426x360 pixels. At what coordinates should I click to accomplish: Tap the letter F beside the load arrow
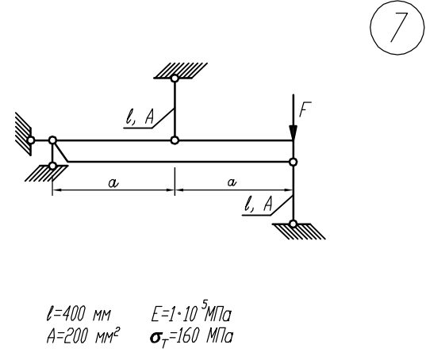pos(305,109)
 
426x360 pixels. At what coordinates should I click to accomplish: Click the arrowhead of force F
pos(294,132)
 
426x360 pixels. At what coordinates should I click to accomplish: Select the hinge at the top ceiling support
pos(175,79)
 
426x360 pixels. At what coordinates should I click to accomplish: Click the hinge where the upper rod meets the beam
pos(175,140)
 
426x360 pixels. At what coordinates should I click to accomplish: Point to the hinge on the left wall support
pos(31,140)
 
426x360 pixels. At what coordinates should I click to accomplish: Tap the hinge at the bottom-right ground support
pos(293,224)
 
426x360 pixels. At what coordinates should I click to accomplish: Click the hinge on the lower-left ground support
pos(52,166)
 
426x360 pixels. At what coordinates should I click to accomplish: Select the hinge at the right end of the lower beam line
pos(293,162)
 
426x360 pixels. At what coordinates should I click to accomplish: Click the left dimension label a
pos(113,183)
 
